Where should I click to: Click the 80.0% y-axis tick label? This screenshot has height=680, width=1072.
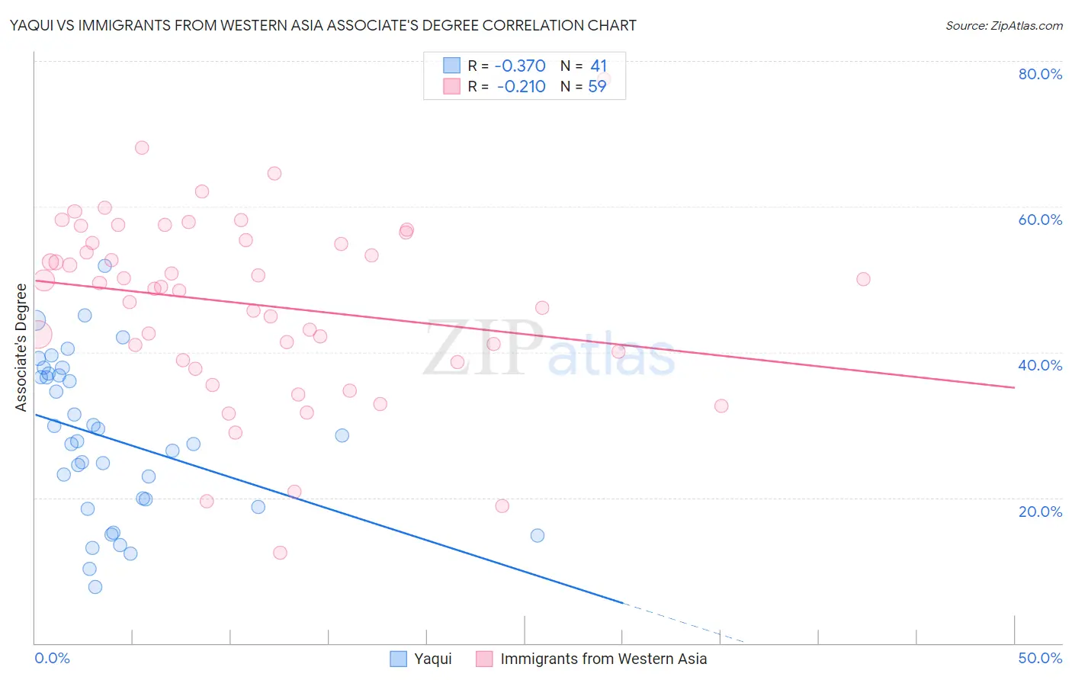[1040, 74]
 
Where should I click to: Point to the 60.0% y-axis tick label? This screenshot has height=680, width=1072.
[1040, 220]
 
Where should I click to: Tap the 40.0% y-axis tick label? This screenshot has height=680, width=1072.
[1040, 365]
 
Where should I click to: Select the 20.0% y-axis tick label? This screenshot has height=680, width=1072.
[1040, 512]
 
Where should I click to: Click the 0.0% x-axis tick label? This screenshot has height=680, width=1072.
[52, 658]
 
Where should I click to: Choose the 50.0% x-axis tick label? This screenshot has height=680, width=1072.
[1040, 658]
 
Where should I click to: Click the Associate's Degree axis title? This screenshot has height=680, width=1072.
[21, 348]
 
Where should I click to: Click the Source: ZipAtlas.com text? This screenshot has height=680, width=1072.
[1003, 26]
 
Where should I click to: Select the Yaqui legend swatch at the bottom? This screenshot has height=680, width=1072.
[398, 659]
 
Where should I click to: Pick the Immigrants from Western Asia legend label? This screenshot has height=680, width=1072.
[603, 659]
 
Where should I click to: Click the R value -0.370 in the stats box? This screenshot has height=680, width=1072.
[521, 66]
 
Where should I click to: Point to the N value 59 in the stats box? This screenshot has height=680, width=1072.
[597, 86]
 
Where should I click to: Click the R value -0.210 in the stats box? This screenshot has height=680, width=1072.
[521, 86]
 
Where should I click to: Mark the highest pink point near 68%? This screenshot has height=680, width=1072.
[142, 148]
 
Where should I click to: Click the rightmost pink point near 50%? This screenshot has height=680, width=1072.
[863, 279]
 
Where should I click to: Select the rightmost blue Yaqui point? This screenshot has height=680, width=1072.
[538, 535]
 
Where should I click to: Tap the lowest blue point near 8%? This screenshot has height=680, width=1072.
[95, 587]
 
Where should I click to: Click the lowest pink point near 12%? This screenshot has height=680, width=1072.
[280, 553]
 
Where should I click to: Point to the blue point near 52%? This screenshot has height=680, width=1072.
[104, 266]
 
